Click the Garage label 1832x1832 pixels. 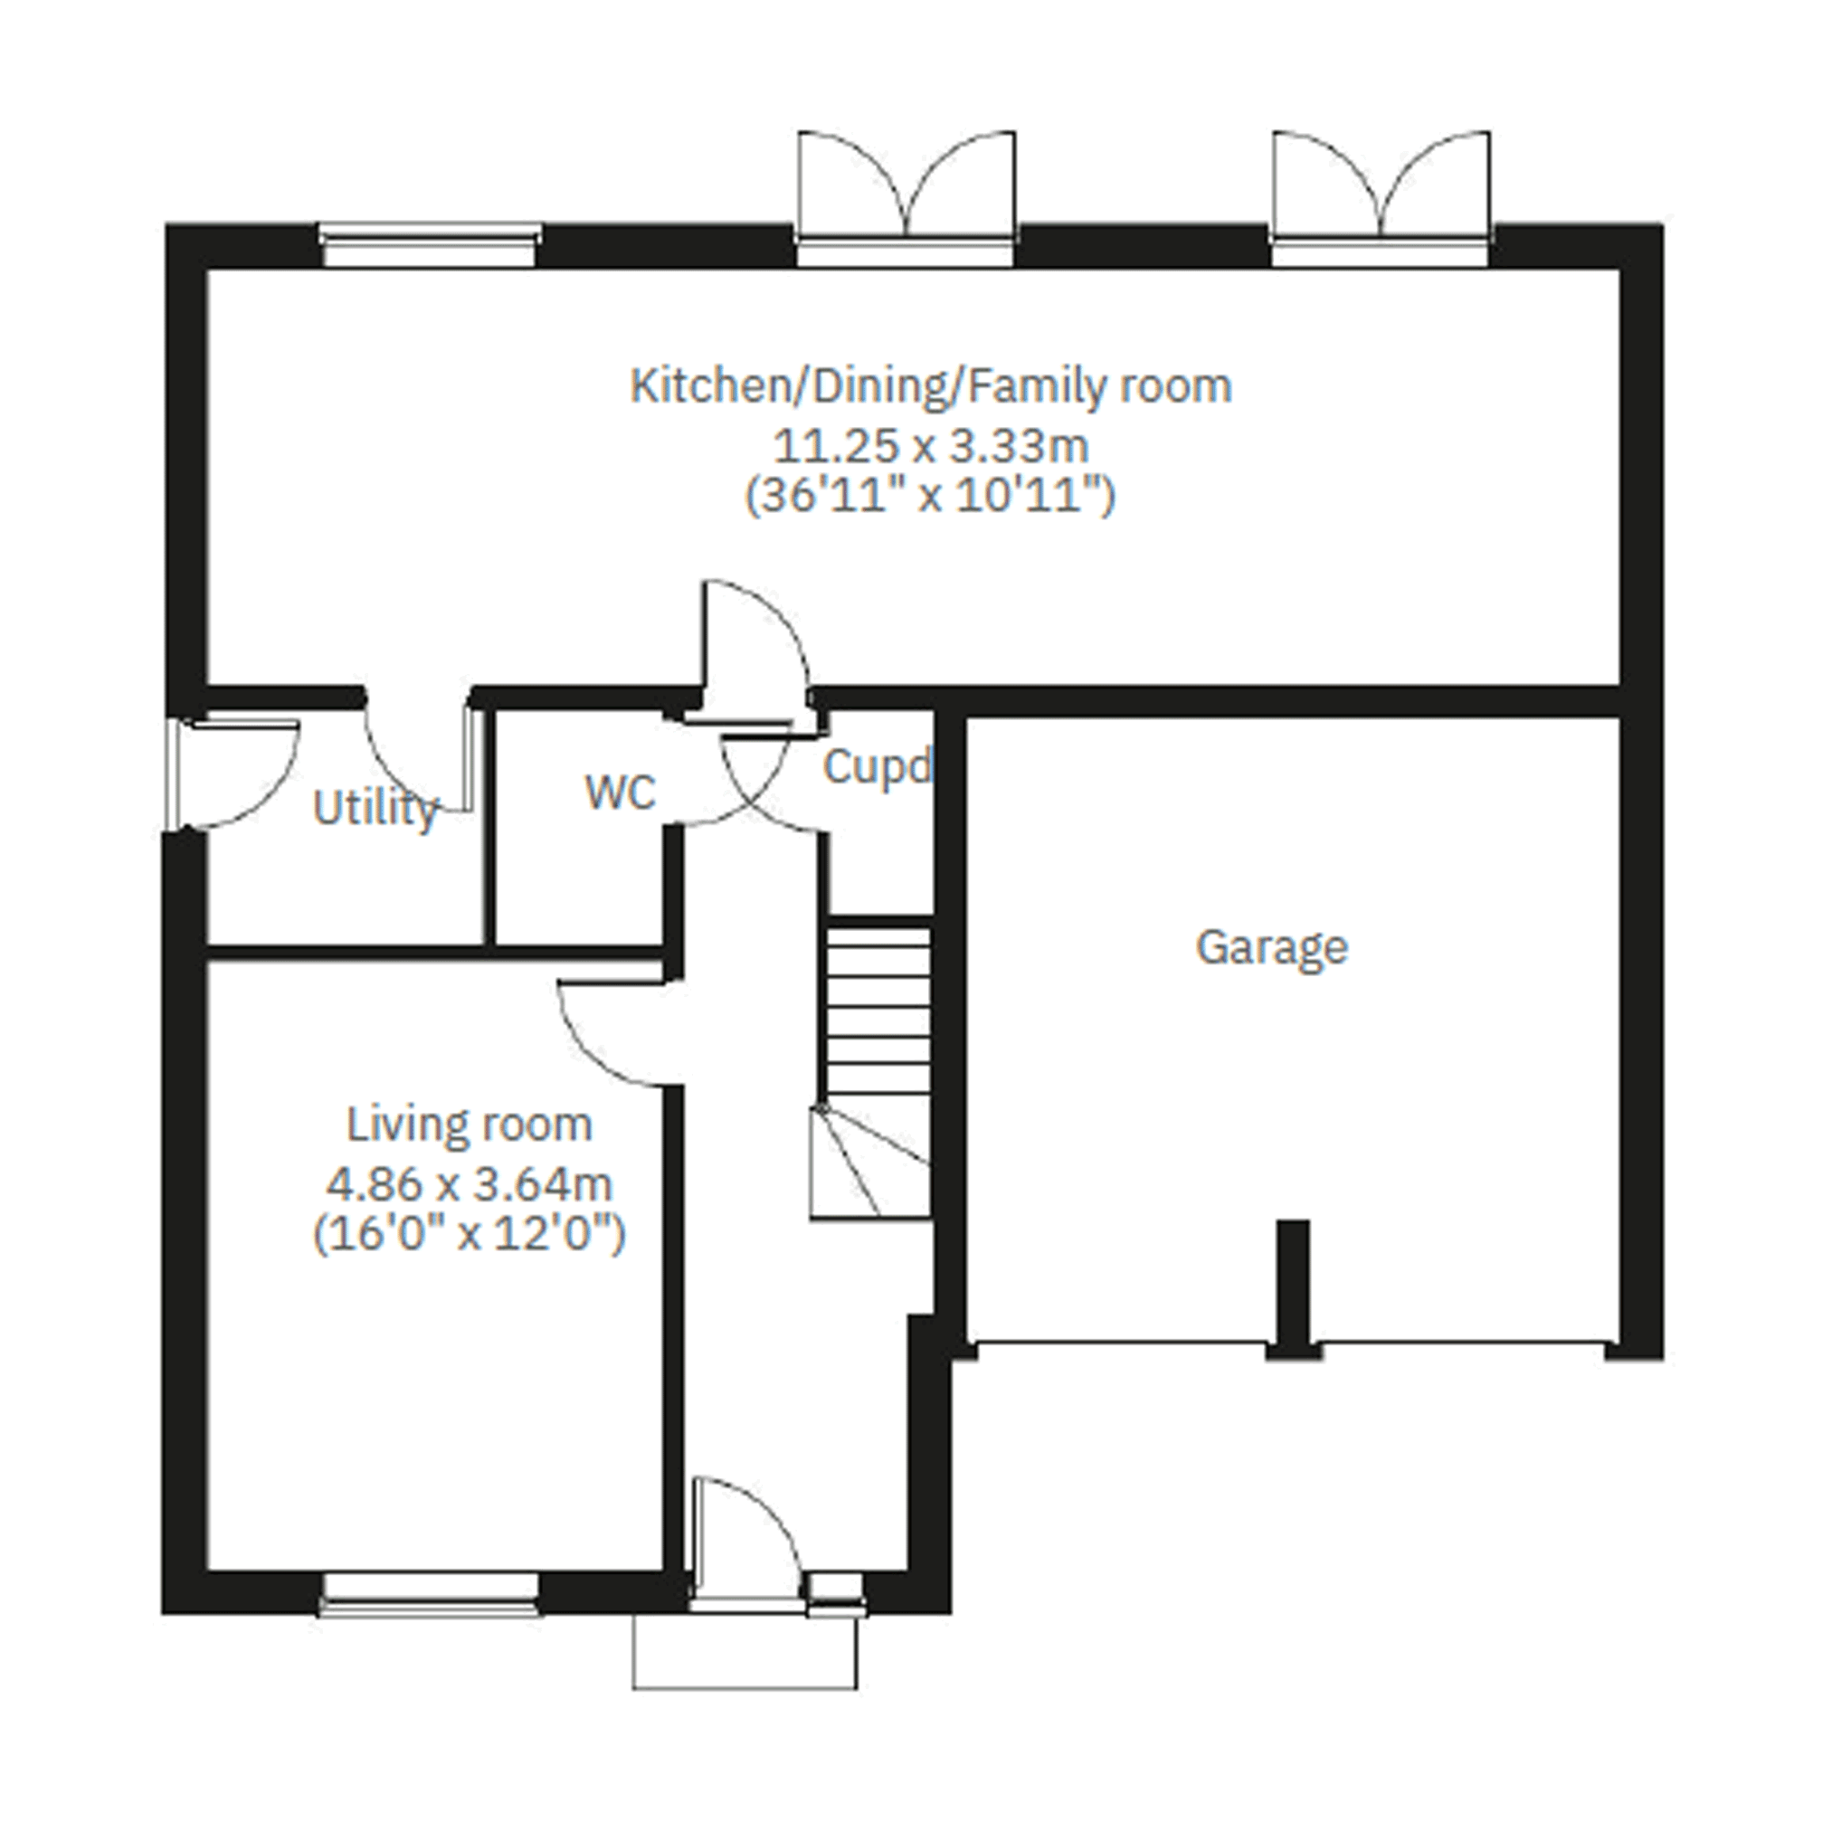coord(1272,947)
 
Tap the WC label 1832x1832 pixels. coord(620,792)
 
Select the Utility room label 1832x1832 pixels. coord(375,809)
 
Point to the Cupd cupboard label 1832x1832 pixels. coord(878,766)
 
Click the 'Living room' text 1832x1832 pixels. coord(470,1125)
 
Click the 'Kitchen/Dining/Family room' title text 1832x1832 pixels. coord(931,387)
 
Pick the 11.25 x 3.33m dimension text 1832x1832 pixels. coord(931,446)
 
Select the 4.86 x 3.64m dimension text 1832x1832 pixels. coord(470,1183)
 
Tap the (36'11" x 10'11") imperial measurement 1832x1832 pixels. coord(931,496)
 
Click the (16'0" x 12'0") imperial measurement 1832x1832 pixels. coord(470,1234)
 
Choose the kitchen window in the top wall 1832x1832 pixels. coord(431,245)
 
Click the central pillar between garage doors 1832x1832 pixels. coord(1294,1289)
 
